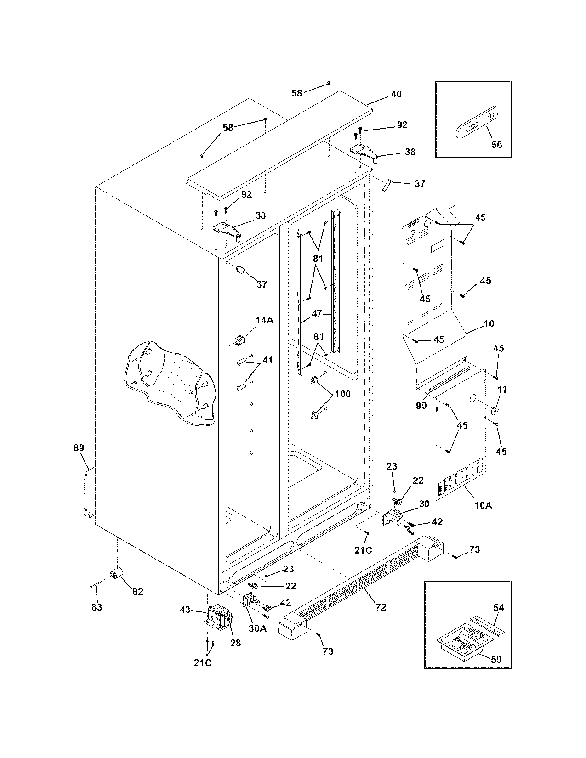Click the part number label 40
(x=396, y=94)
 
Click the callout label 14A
(x=264, y=320)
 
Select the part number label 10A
(x=483, y=505)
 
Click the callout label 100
(x=342, y=394)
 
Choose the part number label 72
(x=381, y=607)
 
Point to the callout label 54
(x=498, y=608)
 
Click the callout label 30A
(x=257, y=629)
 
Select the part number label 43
(x=185, y=609)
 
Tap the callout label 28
(x=235, y=643)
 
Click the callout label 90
(x=421, y=406)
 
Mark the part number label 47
(x=317, y=314)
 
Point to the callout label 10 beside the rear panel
(x=489, y=324)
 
